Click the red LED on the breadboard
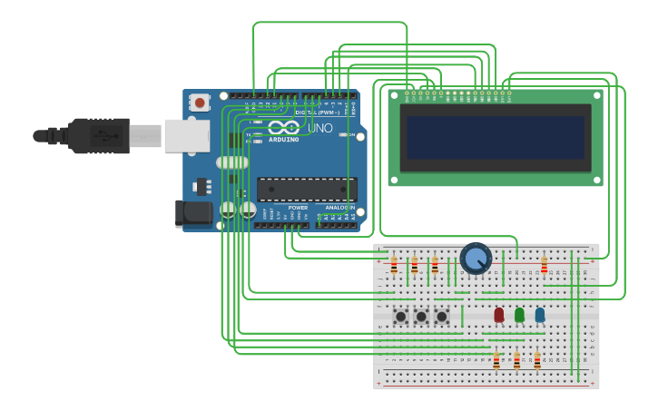[498, 314]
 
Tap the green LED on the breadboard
[519, 314]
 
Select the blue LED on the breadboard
[540, 314]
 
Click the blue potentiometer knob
[476, 259]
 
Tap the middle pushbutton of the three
[421, 317]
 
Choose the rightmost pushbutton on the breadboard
[442, 317]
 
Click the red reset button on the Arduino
[200, 103]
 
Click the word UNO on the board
[319, 128]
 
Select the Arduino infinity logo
[283, 128]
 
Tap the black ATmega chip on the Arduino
[306, 189]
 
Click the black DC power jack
[193, 213]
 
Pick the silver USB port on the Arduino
[187, 136]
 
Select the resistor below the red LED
[496, 361]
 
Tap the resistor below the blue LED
[537, 361]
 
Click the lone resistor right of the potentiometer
[545, 265]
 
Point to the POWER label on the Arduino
[298, 208]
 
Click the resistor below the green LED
[517, 361]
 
